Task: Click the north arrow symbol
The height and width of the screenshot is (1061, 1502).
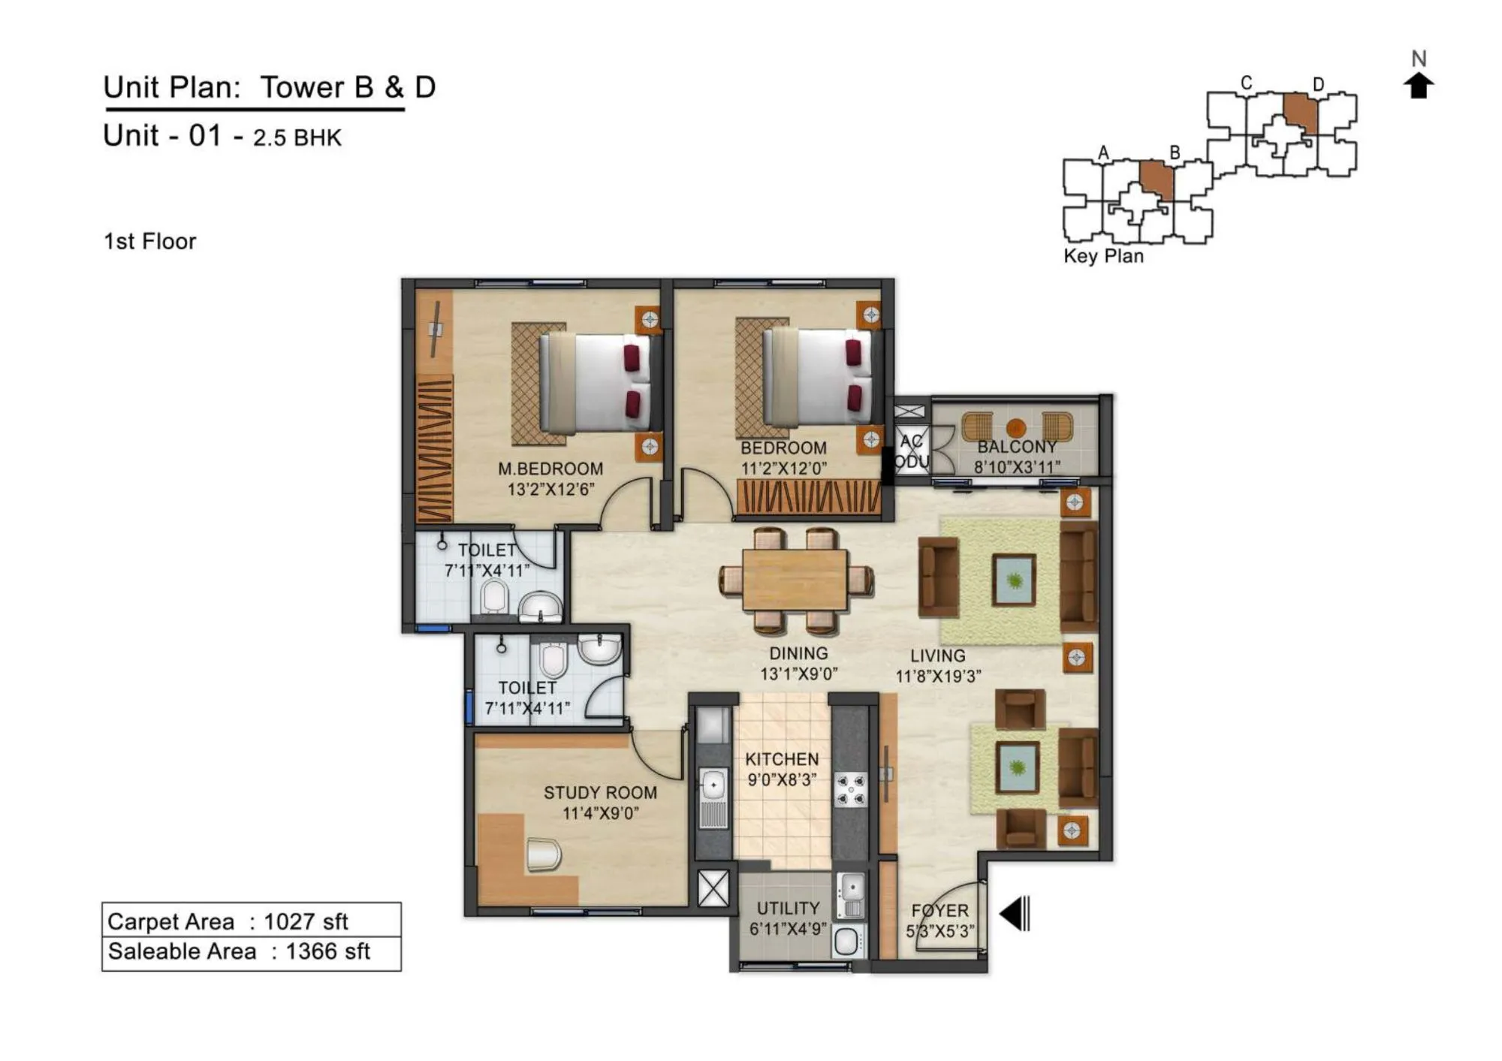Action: point(1418,86)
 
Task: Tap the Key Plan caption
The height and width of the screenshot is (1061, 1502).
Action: point(1102,256)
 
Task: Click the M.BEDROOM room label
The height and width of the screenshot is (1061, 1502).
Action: point(550,469)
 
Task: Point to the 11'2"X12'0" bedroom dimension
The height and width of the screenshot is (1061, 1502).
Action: point(783,469)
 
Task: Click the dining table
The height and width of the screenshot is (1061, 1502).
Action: point(795,579)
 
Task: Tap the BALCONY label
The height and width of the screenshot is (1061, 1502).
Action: point(1016,447)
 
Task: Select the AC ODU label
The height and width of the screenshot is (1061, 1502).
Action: point(912,451)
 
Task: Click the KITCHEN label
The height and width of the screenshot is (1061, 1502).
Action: point(782,759)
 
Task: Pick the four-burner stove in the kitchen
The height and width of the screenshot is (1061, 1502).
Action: point(852,791)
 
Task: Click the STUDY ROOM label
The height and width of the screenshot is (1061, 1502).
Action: point(600,793)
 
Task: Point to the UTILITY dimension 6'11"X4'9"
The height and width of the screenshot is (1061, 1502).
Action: point(787,930)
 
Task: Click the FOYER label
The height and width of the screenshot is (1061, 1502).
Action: point(940,911)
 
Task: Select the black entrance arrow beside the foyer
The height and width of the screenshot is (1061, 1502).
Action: point(1014,914)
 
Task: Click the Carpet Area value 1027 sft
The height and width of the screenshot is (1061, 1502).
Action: point(306,921)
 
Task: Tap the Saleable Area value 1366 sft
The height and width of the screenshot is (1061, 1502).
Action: point(327,952)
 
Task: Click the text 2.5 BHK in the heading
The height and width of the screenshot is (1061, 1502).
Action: point(297,138)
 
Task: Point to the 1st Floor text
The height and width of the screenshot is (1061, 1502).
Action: point(149,242)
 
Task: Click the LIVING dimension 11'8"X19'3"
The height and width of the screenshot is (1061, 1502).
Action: point(937,677)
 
